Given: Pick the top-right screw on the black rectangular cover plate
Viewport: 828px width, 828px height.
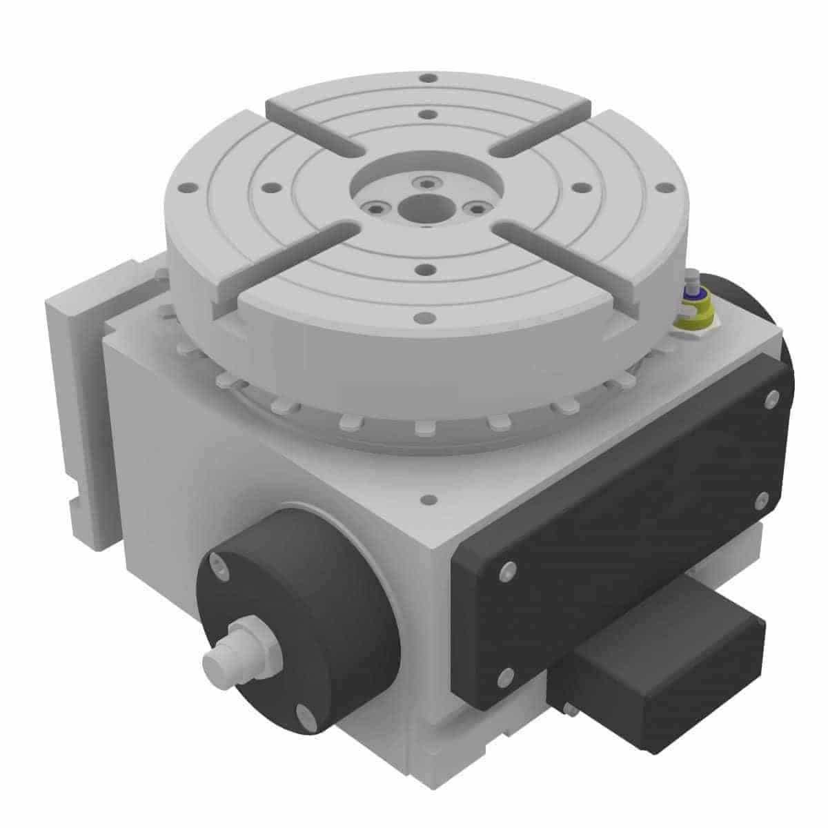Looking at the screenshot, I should (771, 399).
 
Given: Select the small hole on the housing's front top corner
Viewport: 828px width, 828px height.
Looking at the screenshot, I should (430, 498).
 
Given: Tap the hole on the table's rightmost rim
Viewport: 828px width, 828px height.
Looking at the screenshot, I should (666, 188).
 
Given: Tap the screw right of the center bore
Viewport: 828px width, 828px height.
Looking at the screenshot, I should (473, 207).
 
